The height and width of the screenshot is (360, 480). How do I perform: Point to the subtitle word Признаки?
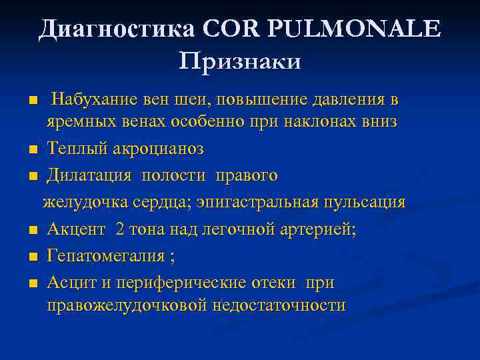point(240,61)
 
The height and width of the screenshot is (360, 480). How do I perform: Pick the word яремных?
point(76,122)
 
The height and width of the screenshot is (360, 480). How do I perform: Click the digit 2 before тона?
point(120,230)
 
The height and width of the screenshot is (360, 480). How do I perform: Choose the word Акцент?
point(76,230)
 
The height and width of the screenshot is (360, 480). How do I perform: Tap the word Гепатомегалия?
point(106,257)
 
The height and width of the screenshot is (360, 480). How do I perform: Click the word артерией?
point(319,230)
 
